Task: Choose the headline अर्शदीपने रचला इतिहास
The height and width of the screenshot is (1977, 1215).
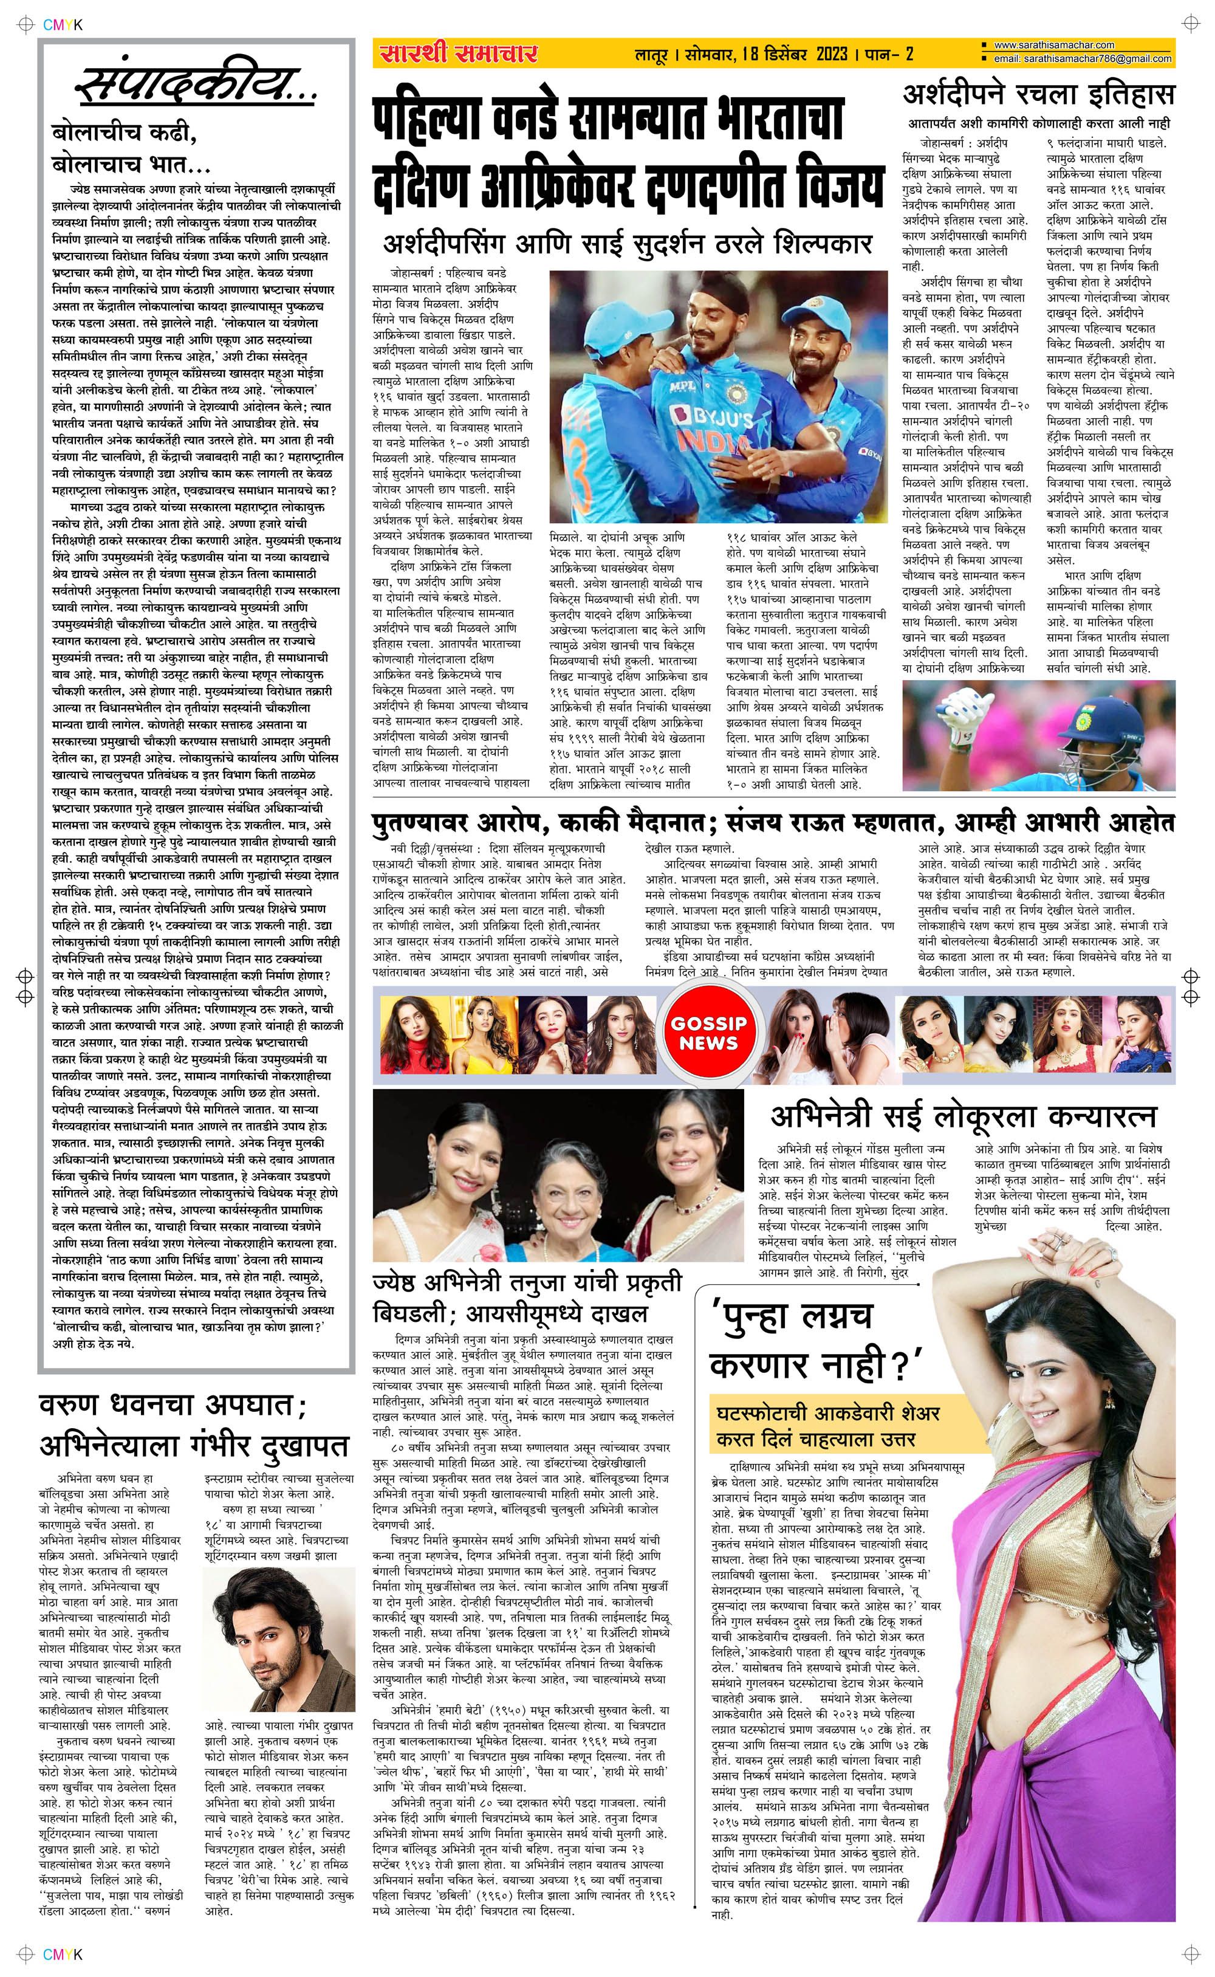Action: coord(1038,95)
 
